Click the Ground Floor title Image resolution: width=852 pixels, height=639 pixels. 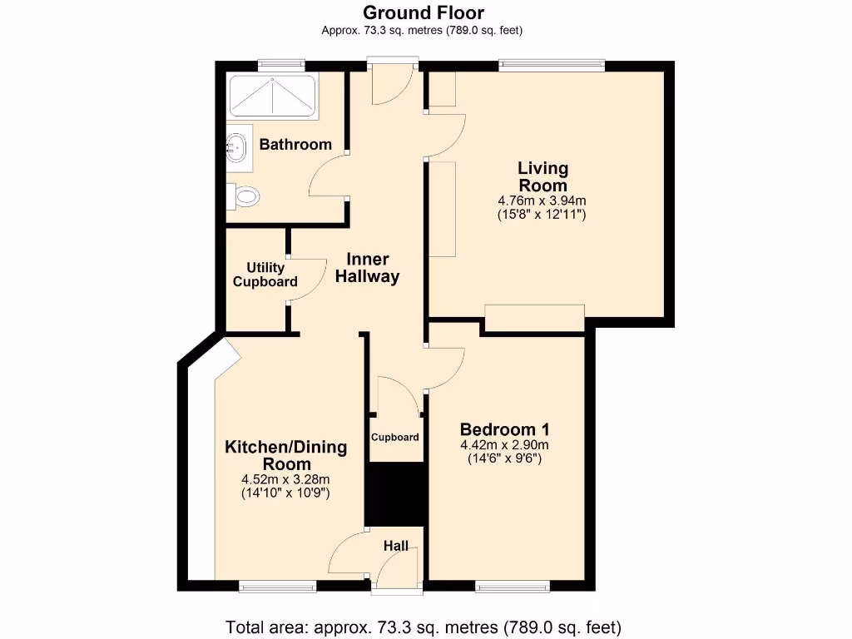pyautogui.click(x=424, y=12)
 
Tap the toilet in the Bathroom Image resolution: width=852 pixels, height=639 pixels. pyautogui.click(x=245, y=197)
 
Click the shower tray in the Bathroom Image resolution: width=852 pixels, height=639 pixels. pyautogui.click(x=272, y=97)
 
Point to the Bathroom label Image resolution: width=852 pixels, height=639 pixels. pyautogui.click(x=295, y=145)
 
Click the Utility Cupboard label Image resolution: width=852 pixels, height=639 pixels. pyautogui.click(x=265, y=275)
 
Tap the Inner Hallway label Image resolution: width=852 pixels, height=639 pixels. pyautogui.click(x=367, y=269)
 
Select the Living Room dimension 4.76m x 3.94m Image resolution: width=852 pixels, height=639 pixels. pyautogui.click(x=542, y=201)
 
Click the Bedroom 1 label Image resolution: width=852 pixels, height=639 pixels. pyautogui.click(x=504, y=430)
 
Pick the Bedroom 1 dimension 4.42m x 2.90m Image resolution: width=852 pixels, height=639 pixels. pyautogui.click(x=504, y=445)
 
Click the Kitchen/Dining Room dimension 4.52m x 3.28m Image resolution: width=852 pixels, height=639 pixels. pyautogui.click(x=285, y=479)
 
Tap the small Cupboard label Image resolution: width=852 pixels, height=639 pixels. pyautogui.click(x=395, y=437)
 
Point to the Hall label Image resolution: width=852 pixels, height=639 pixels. pyautogui.click(x=396, y=547)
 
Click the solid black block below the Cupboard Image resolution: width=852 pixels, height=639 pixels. pyautogui.click(x=396, y=495)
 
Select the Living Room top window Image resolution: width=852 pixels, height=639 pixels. pyautogui.click(x=552, y=66)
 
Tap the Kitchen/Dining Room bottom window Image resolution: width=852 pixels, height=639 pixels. pyautogui.click(x=277, y=587)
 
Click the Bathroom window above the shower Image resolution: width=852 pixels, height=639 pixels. pyautogui.click(x=280, y=66)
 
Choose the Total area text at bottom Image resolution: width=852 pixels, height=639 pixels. pyautogui.click(x=424, y=627)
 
